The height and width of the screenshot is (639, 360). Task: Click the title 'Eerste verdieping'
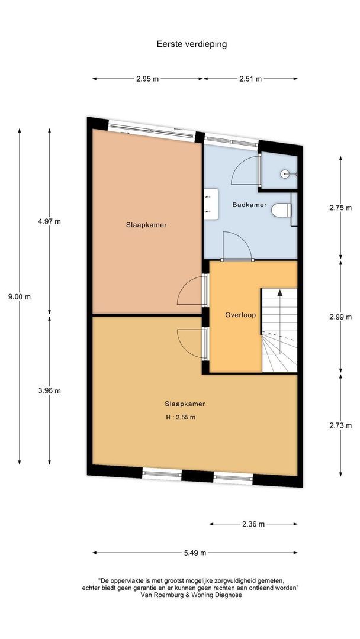point(191,44)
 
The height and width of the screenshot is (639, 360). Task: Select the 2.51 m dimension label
point(250,79)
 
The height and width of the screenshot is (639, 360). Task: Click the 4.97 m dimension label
point(49,221)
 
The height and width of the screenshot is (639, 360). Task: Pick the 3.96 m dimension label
point(49,390)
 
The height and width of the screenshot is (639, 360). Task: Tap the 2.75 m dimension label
point(340,208)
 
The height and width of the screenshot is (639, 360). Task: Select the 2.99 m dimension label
point(340,316)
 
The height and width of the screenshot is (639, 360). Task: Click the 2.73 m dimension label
point(340,425)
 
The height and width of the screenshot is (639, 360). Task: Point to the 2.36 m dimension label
point(252,524)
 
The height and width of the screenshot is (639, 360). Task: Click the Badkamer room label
point(249,205)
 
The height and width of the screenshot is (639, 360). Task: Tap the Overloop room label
point(240,315)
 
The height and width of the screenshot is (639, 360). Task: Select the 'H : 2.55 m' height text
point(181,417)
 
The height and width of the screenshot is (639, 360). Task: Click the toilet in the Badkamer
point(282,209)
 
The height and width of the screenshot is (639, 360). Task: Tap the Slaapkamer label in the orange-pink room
point(146,225)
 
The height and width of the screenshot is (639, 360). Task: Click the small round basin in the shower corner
point(285,174)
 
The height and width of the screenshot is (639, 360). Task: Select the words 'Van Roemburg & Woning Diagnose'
point(190,595)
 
